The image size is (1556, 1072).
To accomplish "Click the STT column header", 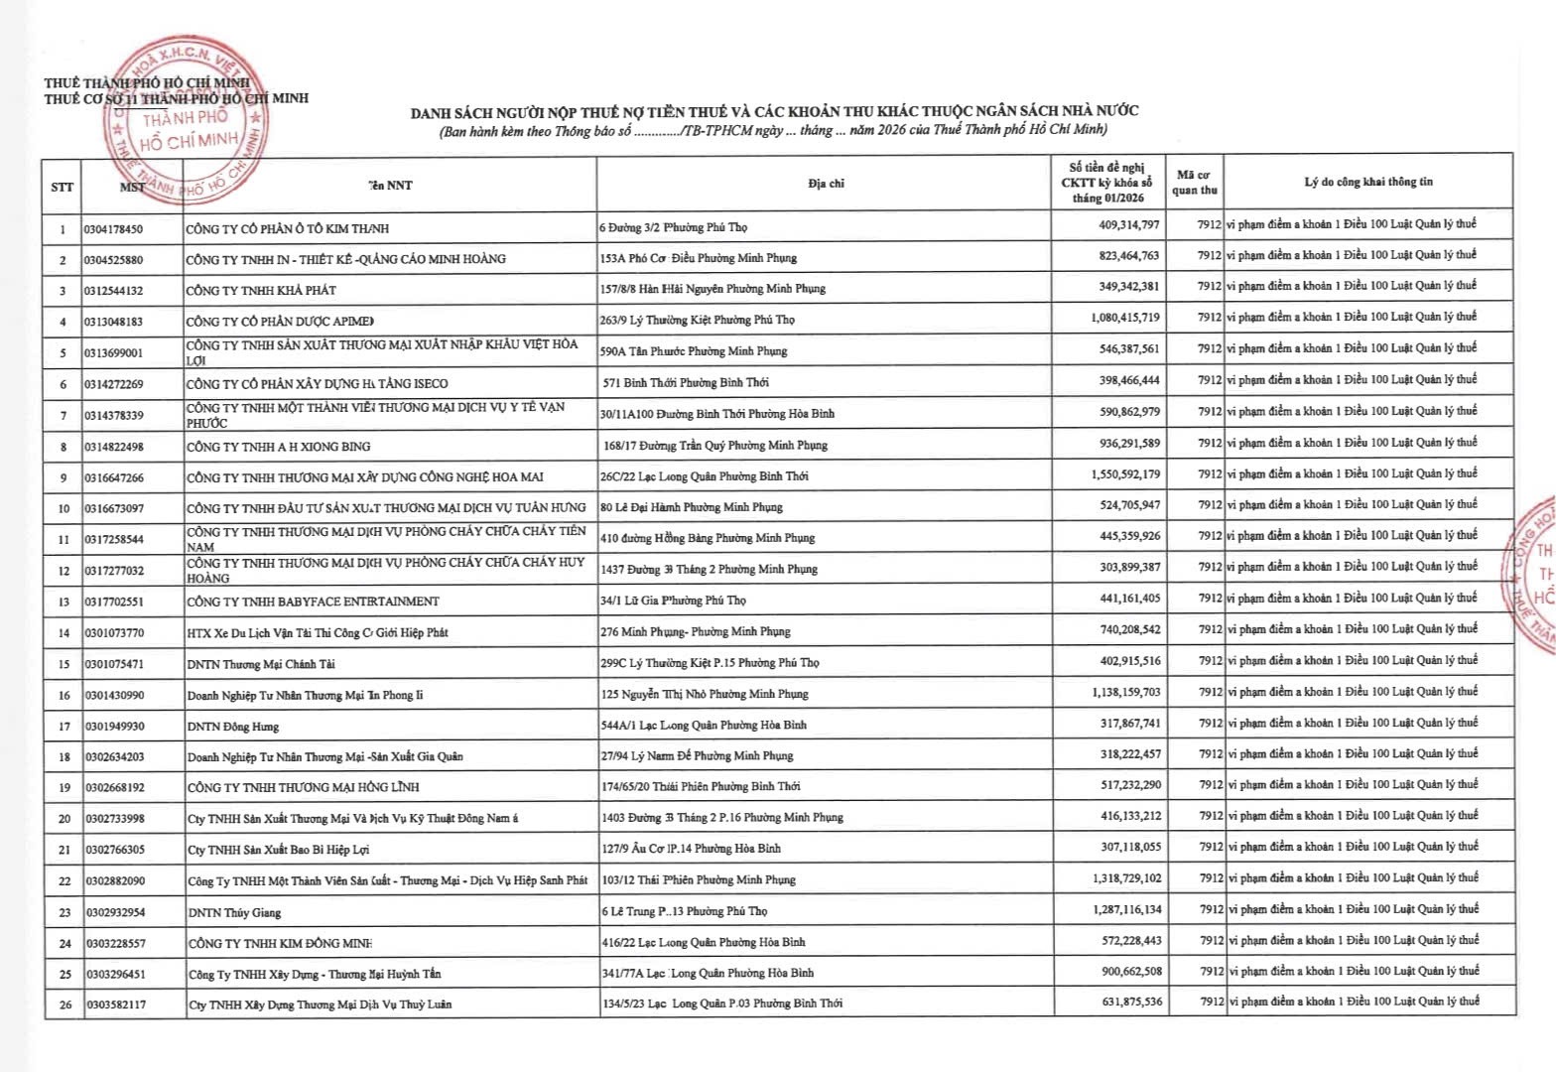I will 62,186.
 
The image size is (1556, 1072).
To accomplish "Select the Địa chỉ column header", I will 826,184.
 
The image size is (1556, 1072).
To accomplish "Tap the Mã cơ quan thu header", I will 1194,183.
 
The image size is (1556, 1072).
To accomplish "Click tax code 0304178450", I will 113,229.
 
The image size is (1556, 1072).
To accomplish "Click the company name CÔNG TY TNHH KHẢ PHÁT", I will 261,290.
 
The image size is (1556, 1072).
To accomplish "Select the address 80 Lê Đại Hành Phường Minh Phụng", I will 691,507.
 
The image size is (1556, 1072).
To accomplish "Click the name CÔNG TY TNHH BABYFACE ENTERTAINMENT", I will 313,601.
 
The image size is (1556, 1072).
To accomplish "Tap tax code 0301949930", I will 114,726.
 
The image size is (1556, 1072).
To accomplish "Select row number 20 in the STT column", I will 64,819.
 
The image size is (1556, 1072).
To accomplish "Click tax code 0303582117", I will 114,1005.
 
